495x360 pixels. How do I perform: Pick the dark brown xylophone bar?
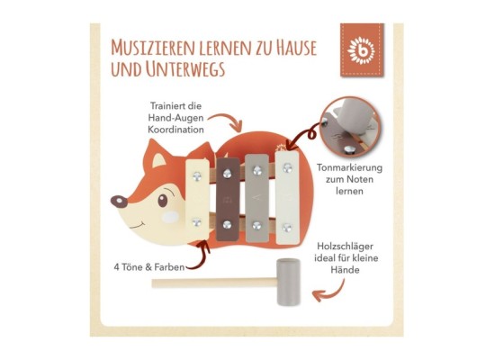point(226,203)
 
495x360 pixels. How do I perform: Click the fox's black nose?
point(115,201)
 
